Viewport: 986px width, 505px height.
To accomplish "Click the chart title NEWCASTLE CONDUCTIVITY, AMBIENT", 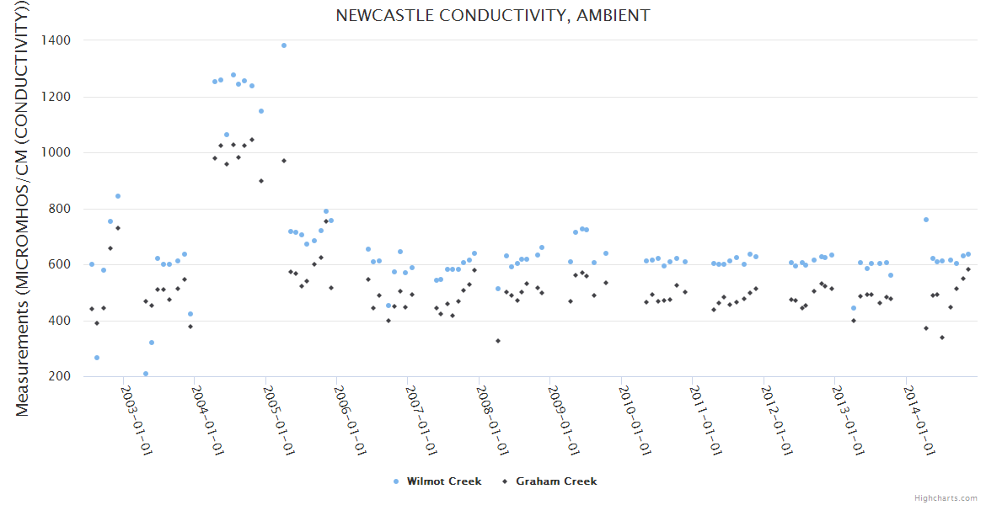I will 493,15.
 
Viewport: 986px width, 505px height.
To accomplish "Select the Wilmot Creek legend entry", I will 443,481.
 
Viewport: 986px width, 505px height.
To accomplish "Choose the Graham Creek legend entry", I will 555,481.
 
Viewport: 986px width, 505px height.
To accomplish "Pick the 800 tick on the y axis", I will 59,209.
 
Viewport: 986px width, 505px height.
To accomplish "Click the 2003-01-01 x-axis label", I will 137,420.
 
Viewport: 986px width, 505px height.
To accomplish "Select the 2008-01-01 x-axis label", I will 491,420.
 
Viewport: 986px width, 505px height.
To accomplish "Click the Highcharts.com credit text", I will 946,497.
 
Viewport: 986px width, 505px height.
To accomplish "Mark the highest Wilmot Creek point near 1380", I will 284,45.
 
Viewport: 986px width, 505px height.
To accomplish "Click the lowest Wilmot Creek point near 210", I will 146,374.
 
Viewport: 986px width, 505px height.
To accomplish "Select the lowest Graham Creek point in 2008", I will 498,341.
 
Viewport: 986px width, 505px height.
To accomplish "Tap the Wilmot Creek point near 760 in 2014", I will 926,220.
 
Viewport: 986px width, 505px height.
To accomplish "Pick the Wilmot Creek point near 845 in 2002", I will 118,196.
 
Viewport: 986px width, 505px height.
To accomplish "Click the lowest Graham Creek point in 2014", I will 942,338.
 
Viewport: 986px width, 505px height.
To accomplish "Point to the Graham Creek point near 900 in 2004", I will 261,181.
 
